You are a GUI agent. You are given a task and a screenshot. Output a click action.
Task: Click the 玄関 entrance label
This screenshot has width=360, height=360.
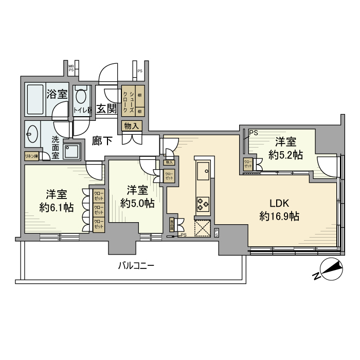click(107, 109)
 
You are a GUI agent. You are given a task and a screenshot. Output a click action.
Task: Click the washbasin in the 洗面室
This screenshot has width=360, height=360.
click(31, 135)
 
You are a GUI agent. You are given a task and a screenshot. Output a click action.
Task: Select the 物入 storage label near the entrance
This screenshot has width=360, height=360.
click(131, 125)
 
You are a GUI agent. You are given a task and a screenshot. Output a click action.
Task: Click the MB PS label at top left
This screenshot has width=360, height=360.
click(71, 67)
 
